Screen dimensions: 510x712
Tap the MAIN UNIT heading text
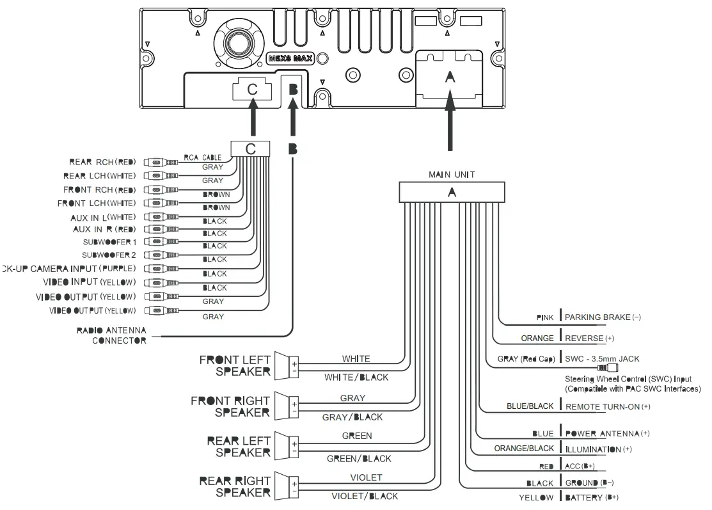452,174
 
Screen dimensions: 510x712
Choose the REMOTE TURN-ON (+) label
608,406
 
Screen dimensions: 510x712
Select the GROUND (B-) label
589,482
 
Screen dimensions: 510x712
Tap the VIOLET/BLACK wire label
364,496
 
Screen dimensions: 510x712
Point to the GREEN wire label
356,436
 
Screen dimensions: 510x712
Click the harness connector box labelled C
251,148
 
